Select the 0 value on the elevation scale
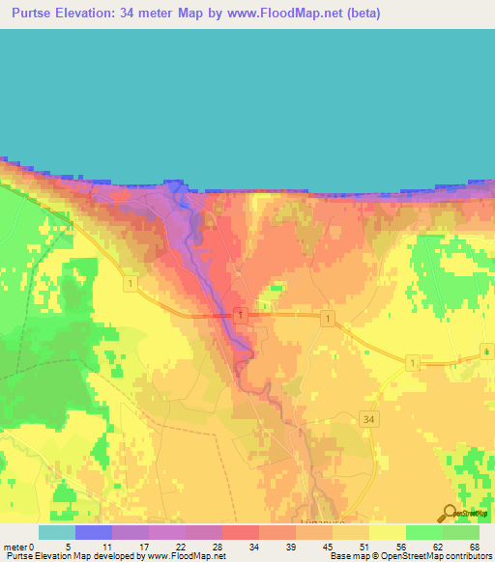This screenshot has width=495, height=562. [x=32, y=546]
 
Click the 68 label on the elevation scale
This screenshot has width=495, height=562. [x=474, y=546]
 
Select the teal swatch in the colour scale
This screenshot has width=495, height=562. [x=57, y=532]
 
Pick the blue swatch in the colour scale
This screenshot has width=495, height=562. [x=94, y=532]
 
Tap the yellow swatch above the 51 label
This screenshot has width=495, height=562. [x=351, y=532]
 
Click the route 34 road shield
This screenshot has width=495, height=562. [x=369, y=418]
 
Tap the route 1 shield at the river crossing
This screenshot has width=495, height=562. [x=239, y=316]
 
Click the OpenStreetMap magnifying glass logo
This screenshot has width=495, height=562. [x=449, y=512]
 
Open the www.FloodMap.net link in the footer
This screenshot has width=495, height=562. [x=186, y=556]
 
